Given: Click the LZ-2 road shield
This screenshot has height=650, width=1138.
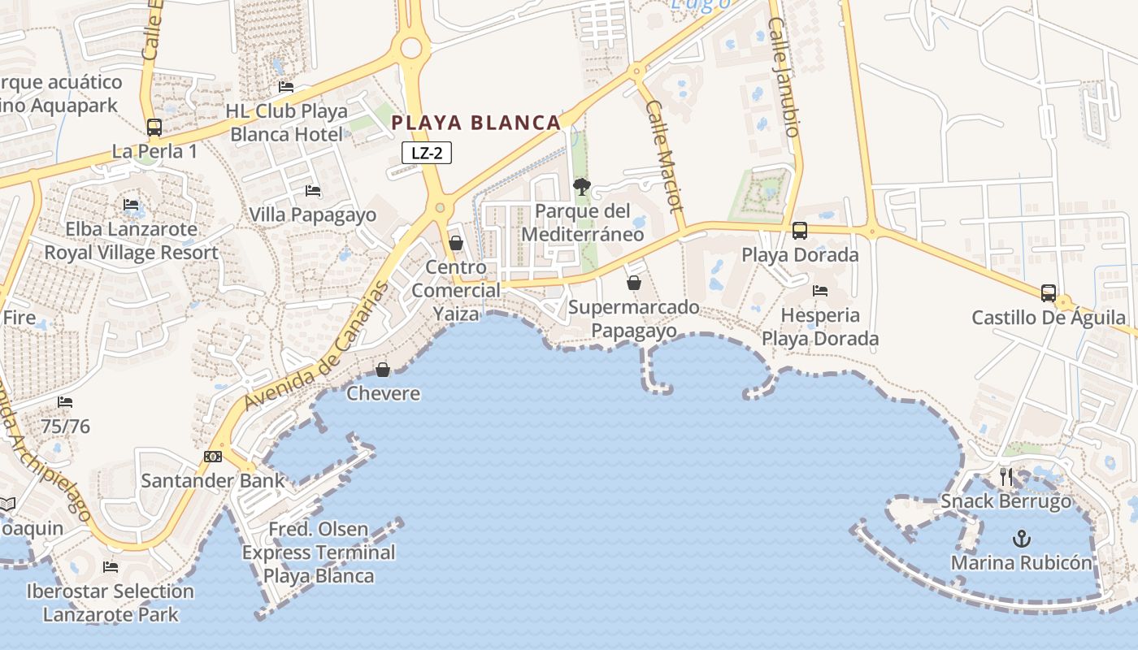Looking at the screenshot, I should pos(426,153).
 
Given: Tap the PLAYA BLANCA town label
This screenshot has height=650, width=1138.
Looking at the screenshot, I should pos(476,123).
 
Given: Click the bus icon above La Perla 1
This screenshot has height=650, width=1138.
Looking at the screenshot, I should pos(154,128).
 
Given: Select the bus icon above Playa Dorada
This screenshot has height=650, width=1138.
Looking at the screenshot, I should pos(800,231).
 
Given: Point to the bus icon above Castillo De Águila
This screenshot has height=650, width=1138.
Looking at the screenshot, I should pos(1049,293).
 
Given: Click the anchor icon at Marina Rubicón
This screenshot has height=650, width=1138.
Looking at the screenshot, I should pos(1021,539).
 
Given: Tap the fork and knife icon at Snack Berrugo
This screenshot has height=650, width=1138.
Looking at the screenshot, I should pos(1006,477).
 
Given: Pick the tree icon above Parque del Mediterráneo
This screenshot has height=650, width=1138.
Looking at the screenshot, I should pos(581,187).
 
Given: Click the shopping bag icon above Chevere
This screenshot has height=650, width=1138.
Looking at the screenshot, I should pos(383,370).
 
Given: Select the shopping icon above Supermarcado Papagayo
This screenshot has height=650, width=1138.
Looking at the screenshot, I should pos(634,283).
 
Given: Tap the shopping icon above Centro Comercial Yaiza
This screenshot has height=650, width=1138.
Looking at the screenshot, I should pos(456,243).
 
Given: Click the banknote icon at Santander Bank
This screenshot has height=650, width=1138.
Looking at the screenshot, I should pos(213,457).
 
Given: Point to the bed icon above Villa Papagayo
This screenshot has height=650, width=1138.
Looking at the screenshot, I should pos(313,191).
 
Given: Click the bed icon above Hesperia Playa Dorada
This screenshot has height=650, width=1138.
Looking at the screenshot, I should pos(820,290).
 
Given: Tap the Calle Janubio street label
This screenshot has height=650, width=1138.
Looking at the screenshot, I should pos(784,77).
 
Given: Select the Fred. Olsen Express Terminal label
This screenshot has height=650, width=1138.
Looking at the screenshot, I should pos(319,552).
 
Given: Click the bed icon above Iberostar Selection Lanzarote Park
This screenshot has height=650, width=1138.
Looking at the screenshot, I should pos(111,566).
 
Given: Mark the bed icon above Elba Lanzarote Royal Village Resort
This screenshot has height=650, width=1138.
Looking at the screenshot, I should pos(131,205).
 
